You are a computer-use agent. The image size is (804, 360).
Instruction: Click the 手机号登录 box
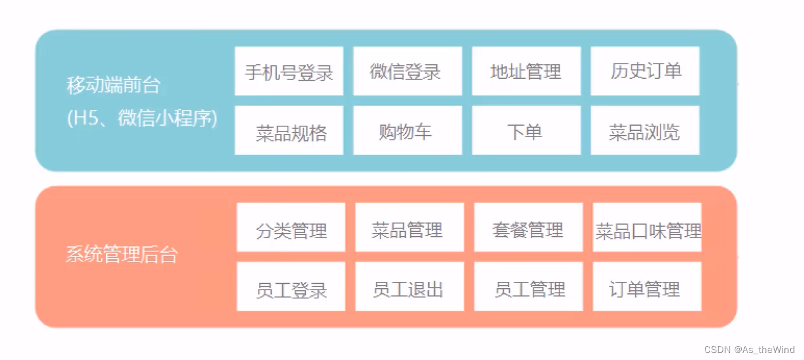click(289, 71)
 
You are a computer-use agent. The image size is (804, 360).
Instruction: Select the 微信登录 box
click(407, 71)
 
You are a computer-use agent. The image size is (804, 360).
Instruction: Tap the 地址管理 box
click(526, 71)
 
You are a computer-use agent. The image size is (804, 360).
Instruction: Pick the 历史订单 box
click(645, 71)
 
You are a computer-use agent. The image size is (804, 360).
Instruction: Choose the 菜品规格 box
click(289, 131)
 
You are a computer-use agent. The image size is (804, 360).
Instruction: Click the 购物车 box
click(407, 131)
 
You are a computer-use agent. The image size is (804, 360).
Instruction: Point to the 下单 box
click(526, 131)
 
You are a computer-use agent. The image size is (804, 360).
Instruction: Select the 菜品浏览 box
click(645, 131)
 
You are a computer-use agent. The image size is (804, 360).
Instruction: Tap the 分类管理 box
click(291, 227)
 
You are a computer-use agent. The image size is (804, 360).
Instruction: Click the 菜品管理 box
click(410, 227)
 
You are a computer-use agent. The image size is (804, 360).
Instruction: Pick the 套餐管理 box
click(528, 227)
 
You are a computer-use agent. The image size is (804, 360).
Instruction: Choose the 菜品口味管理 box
click(647, 227)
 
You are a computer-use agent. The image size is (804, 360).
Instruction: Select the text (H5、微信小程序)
click(142, 118)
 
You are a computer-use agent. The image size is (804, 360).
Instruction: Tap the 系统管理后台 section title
click(122, 255)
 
